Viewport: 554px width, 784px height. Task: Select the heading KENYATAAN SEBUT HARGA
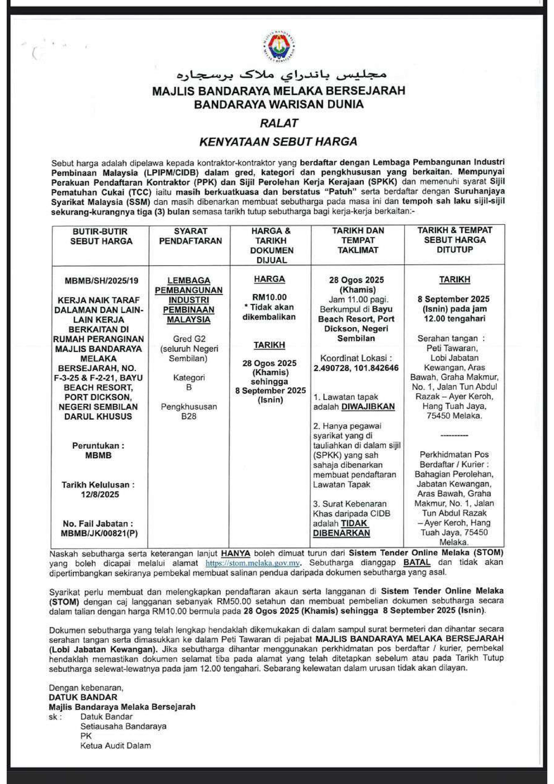pos(278,141)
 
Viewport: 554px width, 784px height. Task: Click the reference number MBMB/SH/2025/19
pos(101,281)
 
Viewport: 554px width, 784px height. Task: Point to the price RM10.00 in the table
pos(269,297)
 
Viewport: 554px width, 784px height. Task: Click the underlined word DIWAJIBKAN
pos(368,407)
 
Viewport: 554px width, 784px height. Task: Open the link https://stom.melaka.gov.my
pos(253,563)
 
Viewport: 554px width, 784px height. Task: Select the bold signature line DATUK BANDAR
pos(83,697)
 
